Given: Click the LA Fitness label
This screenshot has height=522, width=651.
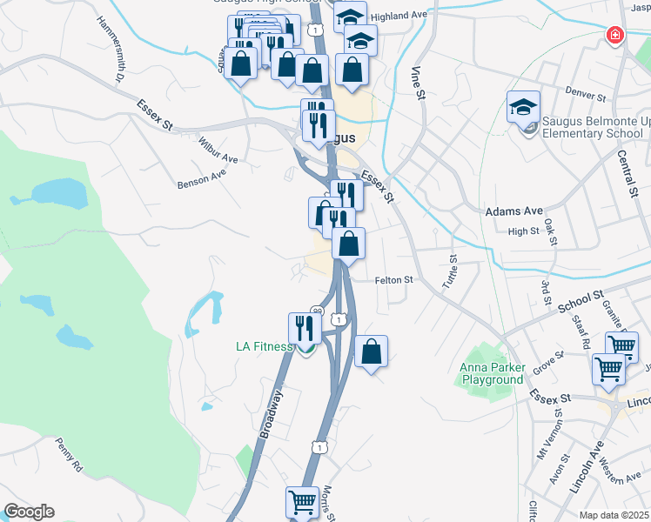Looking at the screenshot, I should point(265,346).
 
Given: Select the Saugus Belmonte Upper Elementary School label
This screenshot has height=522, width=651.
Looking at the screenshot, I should point(593,127).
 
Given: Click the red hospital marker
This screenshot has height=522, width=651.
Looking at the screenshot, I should point(614,35).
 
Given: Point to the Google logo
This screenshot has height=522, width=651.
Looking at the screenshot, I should point(29,512).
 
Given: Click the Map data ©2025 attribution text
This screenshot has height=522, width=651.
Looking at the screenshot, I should point(614,515).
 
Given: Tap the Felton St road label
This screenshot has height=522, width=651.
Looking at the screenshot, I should point(393,280).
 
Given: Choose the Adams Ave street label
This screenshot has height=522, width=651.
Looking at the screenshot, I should point(513,211).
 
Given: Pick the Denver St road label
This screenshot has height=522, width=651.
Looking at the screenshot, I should point(584,94).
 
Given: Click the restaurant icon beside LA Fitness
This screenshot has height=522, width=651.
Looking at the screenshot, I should point(304,327).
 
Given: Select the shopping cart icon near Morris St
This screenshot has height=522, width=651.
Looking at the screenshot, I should point(301,502).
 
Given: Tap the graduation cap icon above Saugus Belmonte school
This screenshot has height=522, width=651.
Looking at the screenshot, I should point(523,107).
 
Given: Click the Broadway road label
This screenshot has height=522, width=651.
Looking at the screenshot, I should point(272,413).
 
